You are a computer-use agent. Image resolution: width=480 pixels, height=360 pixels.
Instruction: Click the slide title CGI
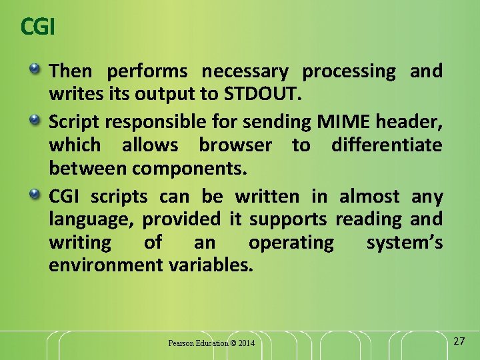click(37, 27)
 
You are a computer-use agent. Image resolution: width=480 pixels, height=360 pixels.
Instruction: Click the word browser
click(235, 145)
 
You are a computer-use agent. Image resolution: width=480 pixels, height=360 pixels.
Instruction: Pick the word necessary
click(245, 71)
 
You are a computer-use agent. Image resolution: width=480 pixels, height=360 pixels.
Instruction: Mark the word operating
click(291, 243)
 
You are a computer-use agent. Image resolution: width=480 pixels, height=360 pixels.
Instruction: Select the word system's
click(404, 243)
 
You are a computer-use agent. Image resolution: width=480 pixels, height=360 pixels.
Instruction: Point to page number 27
click(459, 341)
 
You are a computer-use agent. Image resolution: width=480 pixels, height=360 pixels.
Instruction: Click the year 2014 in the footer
click(246, 343)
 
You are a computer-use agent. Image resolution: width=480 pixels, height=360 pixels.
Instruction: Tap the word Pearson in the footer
click(181, 343)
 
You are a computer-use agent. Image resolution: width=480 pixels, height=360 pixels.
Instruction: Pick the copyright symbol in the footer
click(233, 343)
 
